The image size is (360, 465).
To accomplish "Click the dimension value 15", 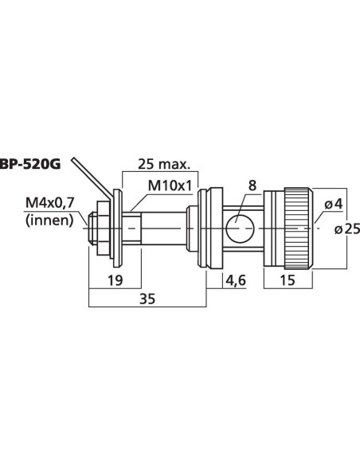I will pyautogui.click(x=288, y=280).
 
